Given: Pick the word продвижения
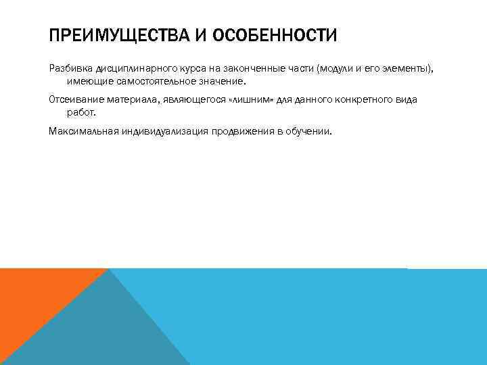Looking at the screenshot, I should pos(241,130).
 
